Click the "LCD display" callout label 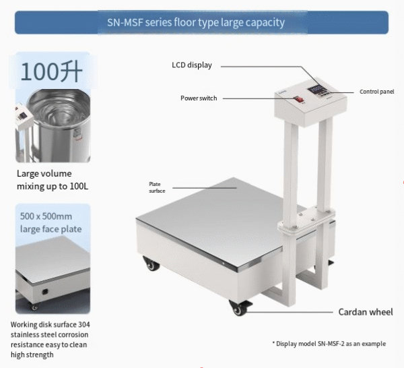click(192, 65)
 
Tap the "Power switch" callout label click(199, 98)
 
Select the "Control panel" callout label click(376, 92)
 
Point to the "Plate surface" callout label click(157, 187)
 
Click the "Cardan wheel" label click(366, 312)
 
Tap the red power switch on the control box click(298, 99)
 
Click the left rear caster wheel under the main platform click(151, 264)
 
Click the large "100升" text click(51, 71)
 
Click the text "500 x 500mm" click(46, 216)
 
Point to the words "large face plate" click(50, 229)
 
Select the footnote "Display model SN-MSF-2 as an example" click(329, 344)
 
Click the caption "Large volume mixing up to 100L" click(53, 180)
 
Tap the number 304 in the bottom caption click(84, 324)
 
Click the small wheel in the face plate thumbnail click(34, 307)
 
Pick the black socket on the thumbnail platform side click(45, 292)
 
